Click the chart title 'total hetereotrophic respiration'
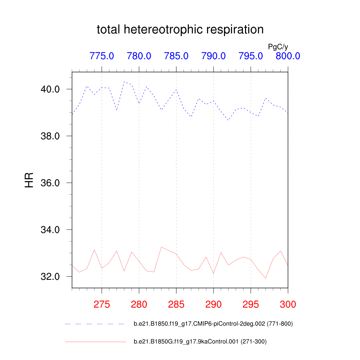(x=180, y=30)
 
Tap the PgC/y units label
(x=278, y=47)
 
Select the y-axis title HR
(x=29, y=180)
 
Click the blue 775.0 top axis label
(x=102, y=56)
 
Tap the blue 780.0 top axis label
(x=139, y=56)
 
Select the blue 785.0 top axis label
(x=176, y=56)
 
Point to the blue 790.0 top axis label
(x=213, y=56)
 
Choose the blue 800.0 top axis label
(x=288, y=56)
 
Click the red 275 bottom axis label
(x=102, y=304)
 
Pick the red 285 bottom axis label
(x=176, y=304)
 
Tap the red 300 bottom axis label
(x=288, y=304)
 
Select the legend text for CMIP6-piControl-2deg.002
(x=213, y=324)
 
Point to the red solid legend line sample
(x=95, y=341)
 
